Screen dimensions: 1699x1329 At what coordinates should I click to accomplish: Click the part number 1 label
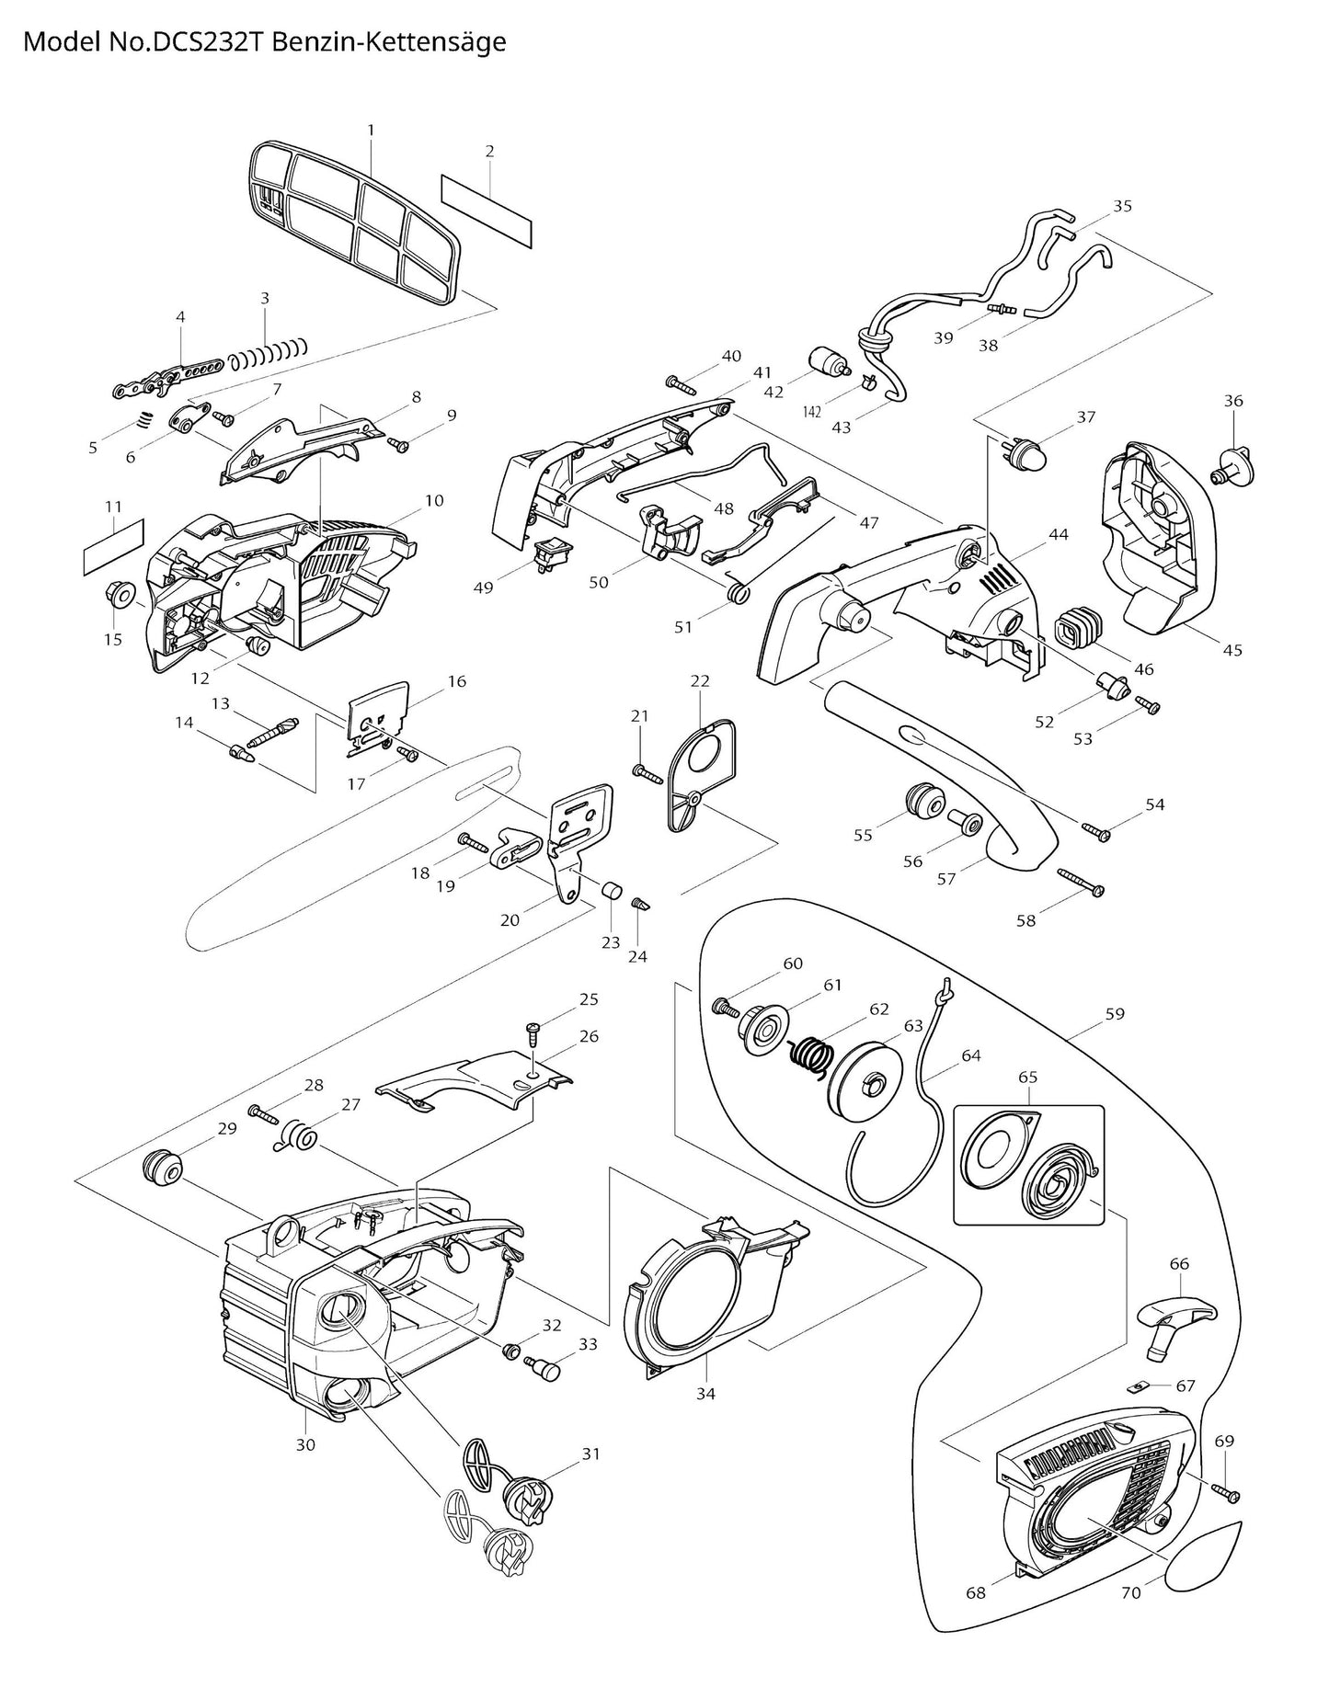click(x=371, y=131)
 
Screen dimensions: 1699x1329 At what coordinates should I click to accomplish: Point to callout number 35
click(x=1122, y=206)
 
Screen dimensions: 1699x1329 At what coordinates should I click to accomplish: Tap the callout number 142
click(x=811, y=412)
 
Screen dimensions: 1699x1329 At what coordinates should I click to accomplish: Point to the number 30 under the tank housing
click(x=305, y=1445)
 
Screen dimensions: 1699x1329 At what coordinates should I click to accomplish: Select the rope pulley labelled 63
click(x=867, y=1087)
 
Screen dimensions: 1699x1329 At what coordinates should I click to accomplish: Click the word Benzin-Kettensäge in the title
click(x=404, y=42)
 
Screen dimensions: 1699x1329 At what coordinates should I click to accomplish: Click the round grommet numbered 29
click(x=162, y=1169)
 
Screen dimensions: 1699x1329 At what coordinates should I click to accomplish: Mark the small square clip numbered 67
click(x=1138, y=1384)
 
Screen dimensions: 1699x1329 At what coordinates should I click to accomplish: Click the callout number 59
click(x=1115, y=1014)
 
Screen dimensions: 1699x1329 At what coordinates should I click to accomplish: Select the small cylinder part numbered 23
click(x=610, y=889)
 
